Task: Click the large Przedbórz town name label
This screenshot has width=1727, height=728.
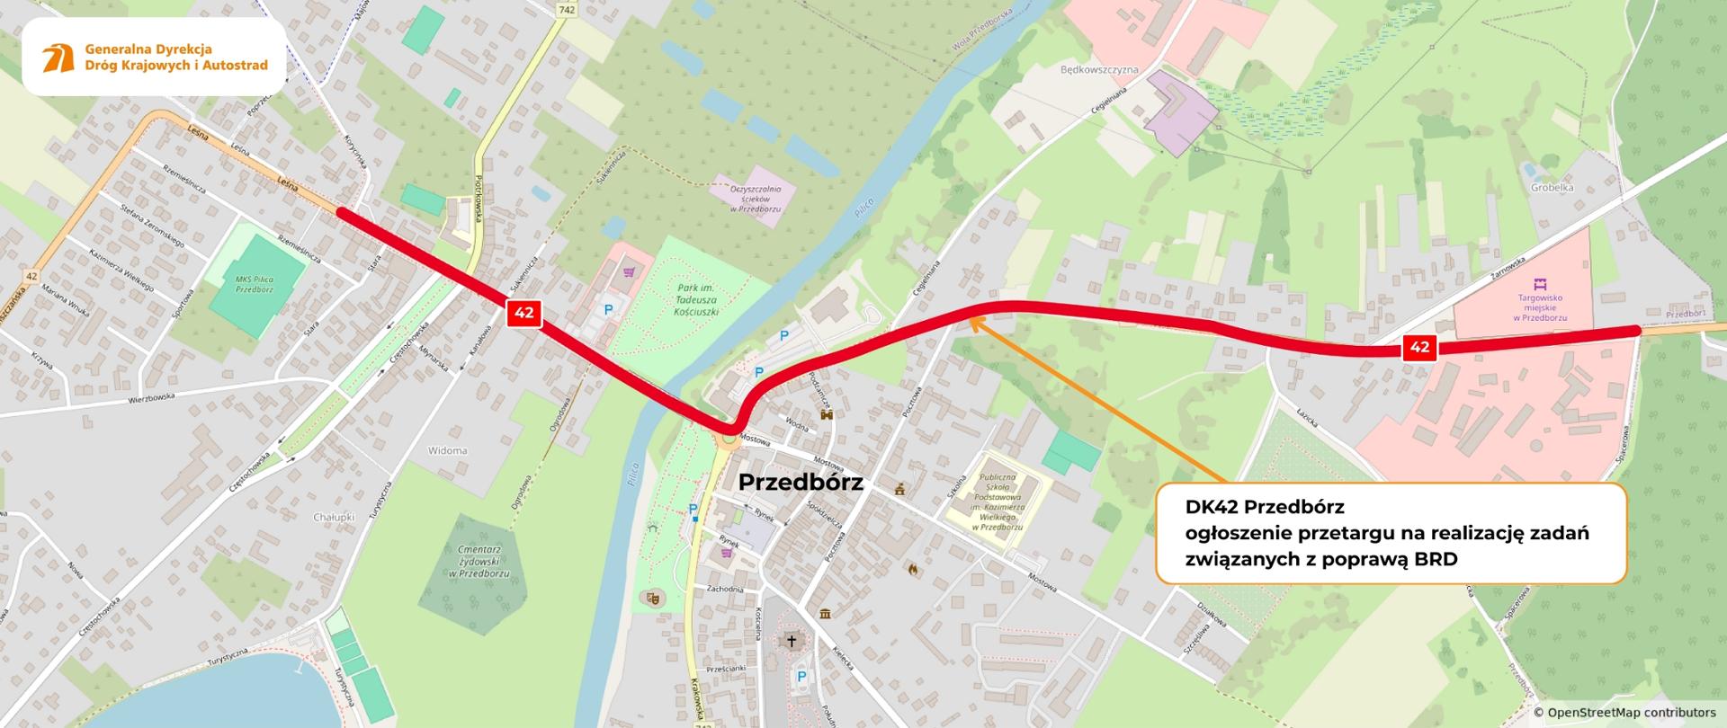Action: click(x=801, y=483)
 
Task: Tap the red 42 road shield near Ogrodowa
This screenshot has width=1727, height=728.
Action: click(x=524, y=313)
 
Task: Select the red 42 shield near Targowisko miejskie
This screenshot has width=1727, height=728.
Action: click(x=1419, y=348)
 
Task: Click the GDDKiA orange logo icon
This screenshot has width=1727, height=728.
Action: click(x=58, y=58)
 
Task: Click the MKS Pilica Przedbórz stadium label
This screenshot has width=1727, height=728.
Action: click(x=255, y=284)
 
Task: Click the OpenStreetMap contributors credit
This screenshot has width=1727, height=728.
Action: click(x=1624, y=713)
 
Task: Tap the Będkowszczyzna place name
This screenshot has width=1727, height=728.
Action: click(x=1099, y=70)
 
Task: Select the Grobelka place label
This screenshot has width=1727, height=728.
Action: click(x=1552, y=189)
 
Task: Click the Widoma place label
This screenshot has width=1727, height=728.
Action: click(x=447, y=451)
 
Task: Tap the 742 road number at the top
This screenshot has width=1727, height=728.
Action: click(x=566, y=10)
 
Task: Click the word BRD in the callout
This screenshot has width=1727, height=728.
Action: click(x=1432, y=558)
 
